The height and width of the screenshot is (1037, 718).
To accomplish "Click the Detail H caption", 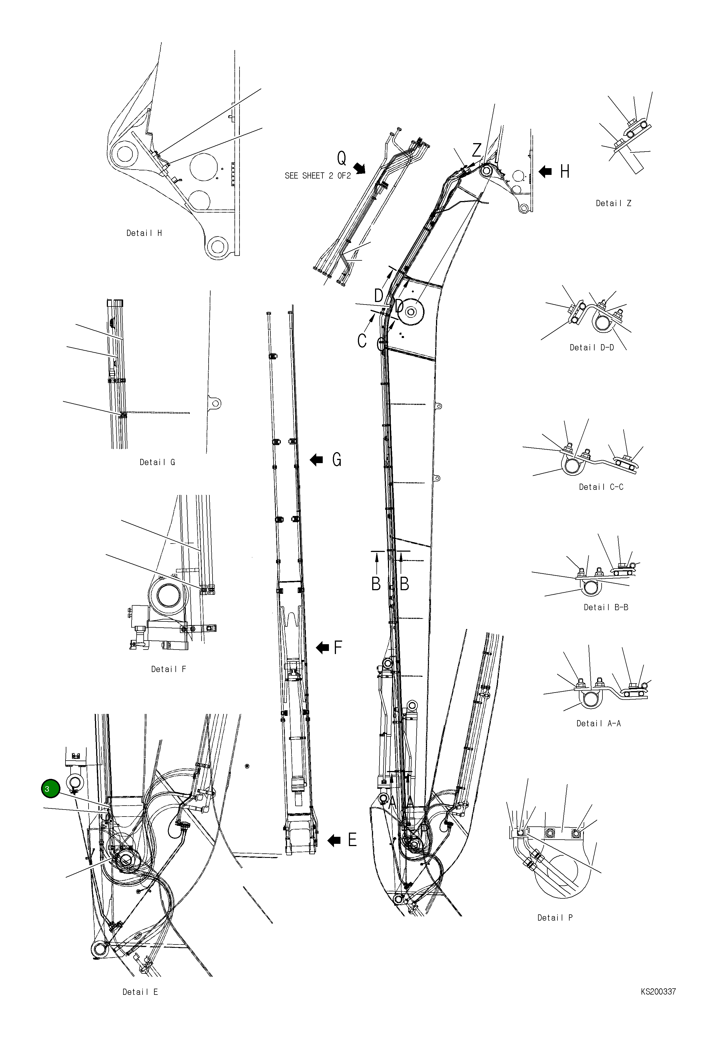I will [x=144, y=233].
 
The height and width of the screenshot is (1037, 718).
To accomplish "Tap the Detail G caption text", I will [x=157, y=462].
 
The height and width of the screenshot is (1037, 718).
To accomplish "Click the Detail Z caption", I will [x=613, y=203].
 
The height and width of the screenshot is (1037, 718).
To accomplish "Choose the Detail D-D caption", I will [x=591, y=347].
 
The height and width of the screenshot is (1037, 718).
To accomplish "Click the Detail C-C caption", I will [x=601, y=487].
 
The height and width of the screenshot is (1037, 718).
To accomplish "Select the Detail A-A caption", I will [x=598, y=723].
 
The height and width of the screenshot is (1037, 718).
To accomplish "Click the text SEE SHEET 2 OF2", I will [x=318, y=176].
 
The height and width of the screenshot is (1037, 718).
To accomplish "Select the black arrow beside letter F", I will [x=322, y=648].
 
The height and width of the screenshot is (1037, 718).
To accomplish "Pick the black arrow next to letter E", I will [x=334, y=840].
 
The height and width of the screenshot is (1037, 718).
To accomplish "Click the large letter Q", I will [x=342, y=158].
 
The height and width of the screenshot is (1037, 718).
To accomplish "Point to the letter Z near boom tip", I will [x=477, y=149].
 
